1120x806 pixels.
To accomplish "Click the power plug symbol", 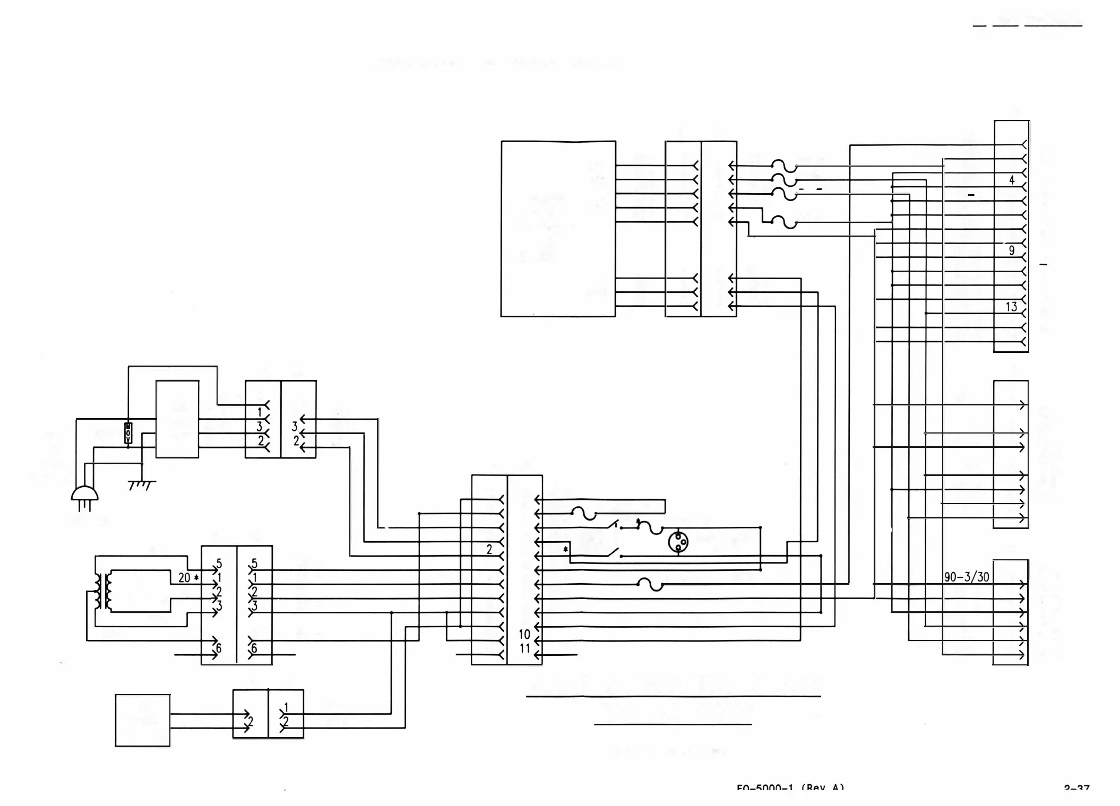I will point(84,497).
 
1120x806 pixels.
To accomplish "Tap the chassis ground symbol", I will point(142,484).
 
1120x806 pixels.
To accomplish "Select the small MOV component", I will point(128,433).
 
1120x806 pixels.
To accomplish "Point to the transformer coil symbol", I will point(103,591).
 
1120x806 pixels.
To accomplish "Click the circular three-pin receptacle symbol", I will point(678,542).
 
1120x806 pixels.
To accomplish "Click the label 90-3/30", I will point(967,577).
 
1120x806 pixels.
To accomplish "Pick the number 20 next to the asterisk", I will point(184,577).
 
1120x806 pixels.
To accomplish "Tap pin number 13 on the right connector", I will point(1011,307).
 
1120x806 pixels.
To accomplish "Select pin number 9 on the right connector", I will point(1011,250).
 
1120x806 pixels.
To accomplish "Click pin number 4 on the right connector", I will point(1011,180).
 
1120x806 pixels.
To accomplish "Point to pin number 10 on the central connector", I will point(524,634).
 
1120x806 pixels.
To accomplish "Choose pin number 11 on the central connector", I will point(524,648).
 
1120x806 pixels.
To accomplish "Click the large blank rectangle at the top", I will point(558,229).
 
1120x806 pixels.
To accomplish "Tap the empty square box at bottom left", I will point(142,720).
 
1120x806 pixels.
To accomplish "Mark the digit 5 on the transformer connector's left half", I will point(219,564).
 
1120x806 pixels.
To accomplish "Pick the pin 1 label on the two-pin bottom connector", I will point(286,707).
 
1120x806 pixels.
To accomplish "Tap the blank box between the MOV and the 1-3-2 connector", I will point(177,419).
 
